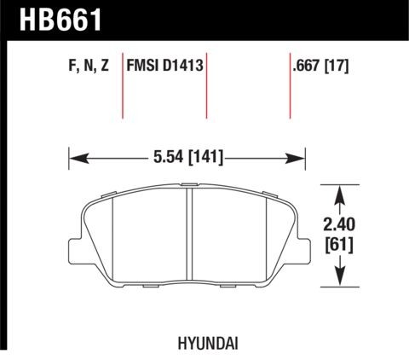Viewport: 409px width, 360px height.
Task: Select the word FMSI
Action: [144, 63]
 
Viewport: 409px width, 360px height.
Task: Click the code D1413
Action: [183, 63]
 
